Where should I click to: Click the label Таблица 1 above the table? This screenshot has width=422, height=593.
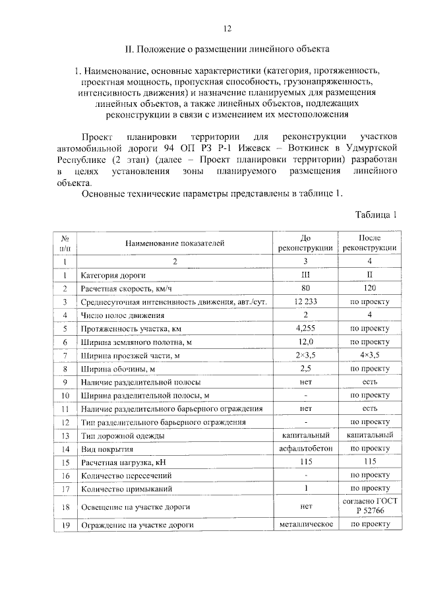click(x=377, y=214)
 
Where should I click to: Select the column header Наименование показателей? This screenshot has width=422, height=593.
click(x=175, y=243)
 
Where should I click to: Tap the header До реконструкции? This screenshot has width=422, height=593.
click(x=305, y=243)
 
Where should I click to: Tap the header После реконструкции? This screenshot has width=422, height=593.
click(x=369, y=243)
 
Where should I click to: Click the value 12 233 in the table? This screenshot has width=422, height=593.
click(x=305, y=301)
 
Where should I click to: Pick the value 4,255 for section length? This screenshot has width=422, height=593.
click(x=305, y=328)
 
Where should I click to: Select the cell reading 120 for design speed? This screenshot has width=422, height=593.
click(x=369, y=288)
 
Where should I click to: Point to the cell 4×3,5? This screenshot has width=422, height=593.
click(x=369, y=355)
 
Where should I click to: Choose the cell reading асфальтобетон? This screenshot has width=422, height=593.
click(x=305, y=448)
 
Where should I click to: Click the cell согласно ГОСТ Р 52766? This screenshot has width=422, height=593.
click(x=369, y=507)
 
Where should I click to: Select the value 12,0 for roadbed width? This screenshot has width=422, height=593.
click(x=305, y=342)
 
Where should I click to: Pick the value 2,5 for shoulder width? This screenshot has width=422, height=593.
click(x=305, y=368)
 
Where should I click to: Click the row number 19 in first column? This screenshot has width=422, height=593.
click(x=65, y=525)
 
